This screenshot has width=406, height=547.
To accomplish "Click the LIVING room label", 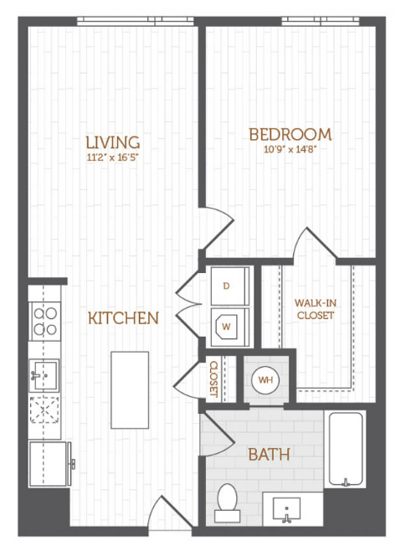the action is [x=113, y=142].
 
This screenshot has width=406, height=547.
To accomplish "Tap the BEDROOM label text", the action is [x=290, y=135].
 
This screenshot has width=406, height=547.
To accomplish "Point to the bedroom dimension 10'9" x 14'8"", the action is [x=290, y=150].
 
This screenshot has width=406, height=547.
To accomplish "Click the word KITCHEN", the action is [x=123, y=318].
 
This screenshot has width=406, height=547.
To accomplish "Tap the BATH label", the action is [x=269, y=455].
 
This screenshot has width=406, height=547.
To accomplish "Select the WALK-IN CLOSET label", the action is [x=316, y=309].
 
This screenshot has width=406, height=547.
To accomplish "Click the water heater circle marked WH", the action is [x=265, y=380].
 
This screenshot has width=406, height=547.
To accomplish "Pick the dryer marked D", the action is [x=230, y=286].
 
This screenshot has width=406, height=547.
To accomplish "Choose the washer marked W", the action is [x=230, y=327].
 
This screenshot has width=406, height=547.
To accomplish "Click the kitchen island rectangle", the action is [x=130, y=390].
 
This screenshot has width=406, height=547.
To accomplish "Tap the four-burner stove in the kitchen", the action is [x=45, y=322].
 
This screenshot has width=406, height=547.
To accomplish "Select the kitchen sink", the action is [x=44, y=375].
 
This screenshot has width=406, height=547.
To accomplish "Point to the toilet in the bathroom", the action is [x=227, y=503].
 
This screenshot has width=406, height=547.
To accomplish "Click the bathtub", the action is [x=346, y=449].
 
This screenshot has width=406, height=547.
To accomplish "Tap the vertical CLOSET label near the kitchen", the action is [x=213, y=379].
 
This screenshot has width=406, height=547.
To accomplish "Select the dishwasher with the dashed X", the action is [x=44, y=410].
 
